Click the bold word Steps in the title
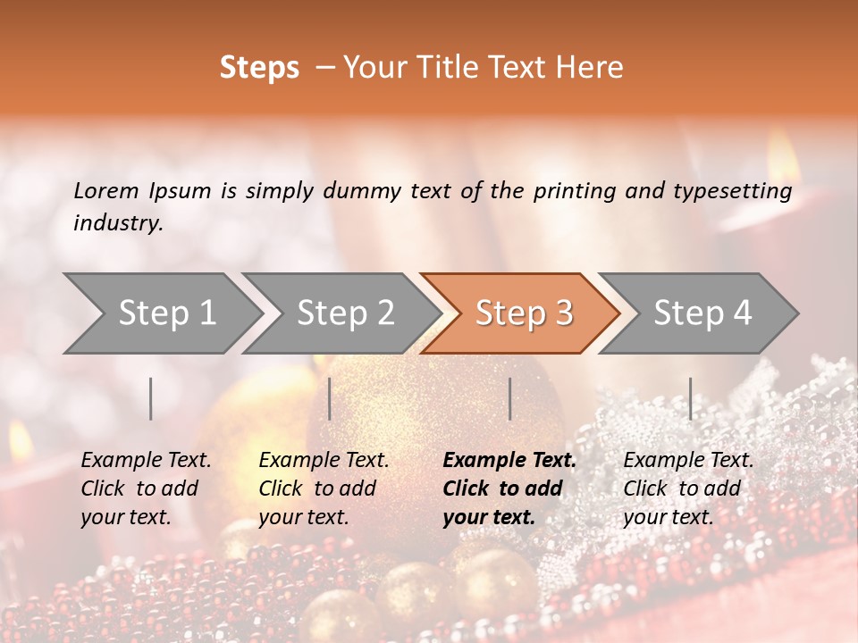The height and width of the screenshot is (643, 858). click(x=259, y=68)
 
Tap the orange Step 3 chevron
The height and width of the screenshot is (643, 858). click(x=523, y=313)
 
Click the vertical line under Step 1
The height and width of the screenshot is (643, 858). click(x=151, y=398)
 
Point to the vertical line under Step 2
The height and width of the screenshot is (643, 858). click(x=330, y=398)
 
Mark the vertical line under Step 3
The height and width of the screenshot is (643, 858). click(x=509, y=398)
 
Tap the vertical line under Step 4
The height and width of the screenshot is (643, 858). click(x=691, y=398)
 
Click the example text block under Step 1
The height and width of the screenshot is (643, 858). click(x=146, y=489)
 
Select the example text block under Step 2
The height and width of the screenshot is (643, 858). click(x=324, y=489)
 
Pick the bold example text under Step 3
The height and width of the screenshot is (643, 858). click(x=509, y=489)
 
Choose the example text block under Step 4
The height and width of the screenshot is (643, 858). click(x=688, y=489)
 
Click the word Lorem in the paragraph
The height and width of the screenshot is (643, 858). click(x=106, y=191)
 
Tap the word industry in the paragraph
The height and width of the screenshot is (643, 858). click(x=118, y=223)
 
